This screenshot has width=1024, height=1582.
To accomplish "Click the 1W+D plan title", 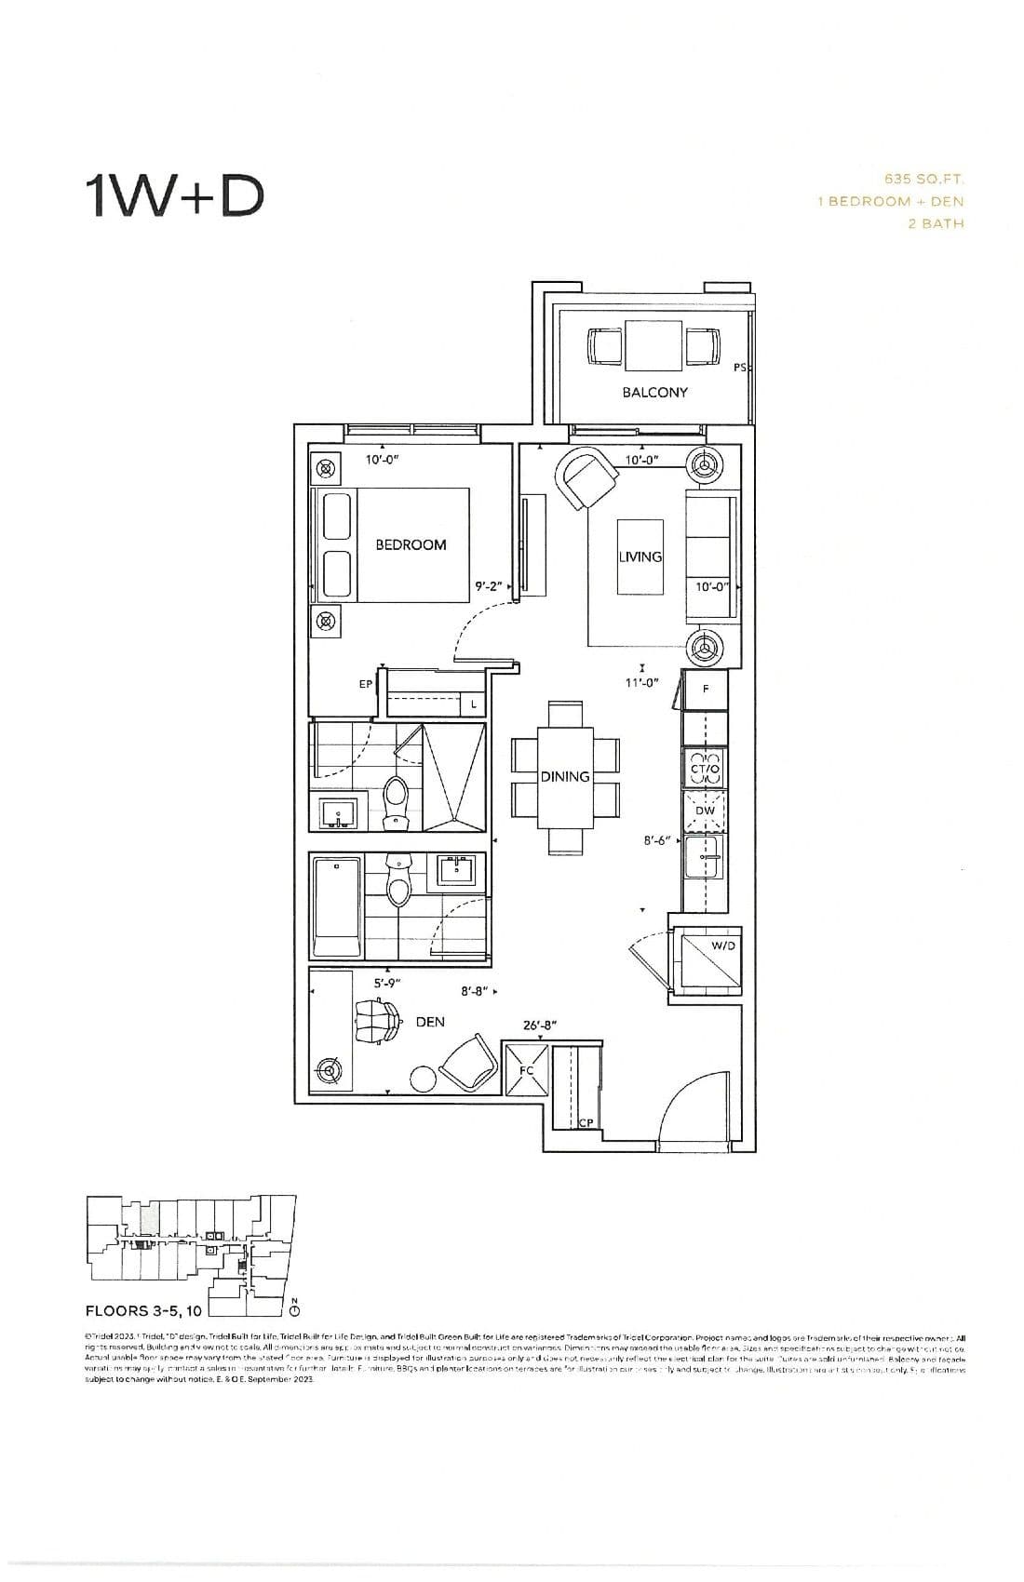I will (174, 195).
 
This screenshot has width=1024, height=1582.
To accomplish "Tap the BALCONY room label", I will (654, 393).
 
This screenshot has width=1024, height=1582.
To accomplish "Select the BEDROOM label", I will (411, 544).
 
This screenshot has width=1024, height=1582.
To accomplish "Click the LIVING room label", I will (640, 556).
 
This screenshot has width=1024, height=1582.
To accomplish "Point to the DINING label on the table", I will (565, 776).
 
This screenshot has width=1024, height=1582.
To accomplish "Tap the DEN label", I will (430, 1022).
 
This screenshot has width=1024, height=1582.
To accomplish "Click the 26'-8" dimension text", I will (539, 1025).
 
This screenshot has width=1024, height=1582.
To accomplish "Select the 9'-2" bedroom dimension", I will (488, 586).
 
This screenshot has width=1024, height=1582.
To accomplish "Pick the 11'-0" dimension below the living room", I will (641, 682).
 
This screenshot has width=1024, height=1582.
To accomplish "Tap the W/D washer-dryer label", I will (722, 945).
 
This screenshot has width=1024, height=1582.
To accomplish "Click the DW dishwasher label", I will (706, 810).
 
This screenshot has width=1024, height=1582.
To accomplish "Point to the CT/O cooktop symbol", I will (705, 769).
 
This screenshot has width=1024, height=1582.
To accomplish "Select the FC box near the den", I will (526, 1069).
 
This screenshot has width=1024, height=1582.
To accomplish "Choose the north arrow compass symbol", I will (294, 1309).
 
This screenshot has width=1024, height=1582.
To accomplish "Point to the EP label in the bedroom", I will (366, 684).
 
